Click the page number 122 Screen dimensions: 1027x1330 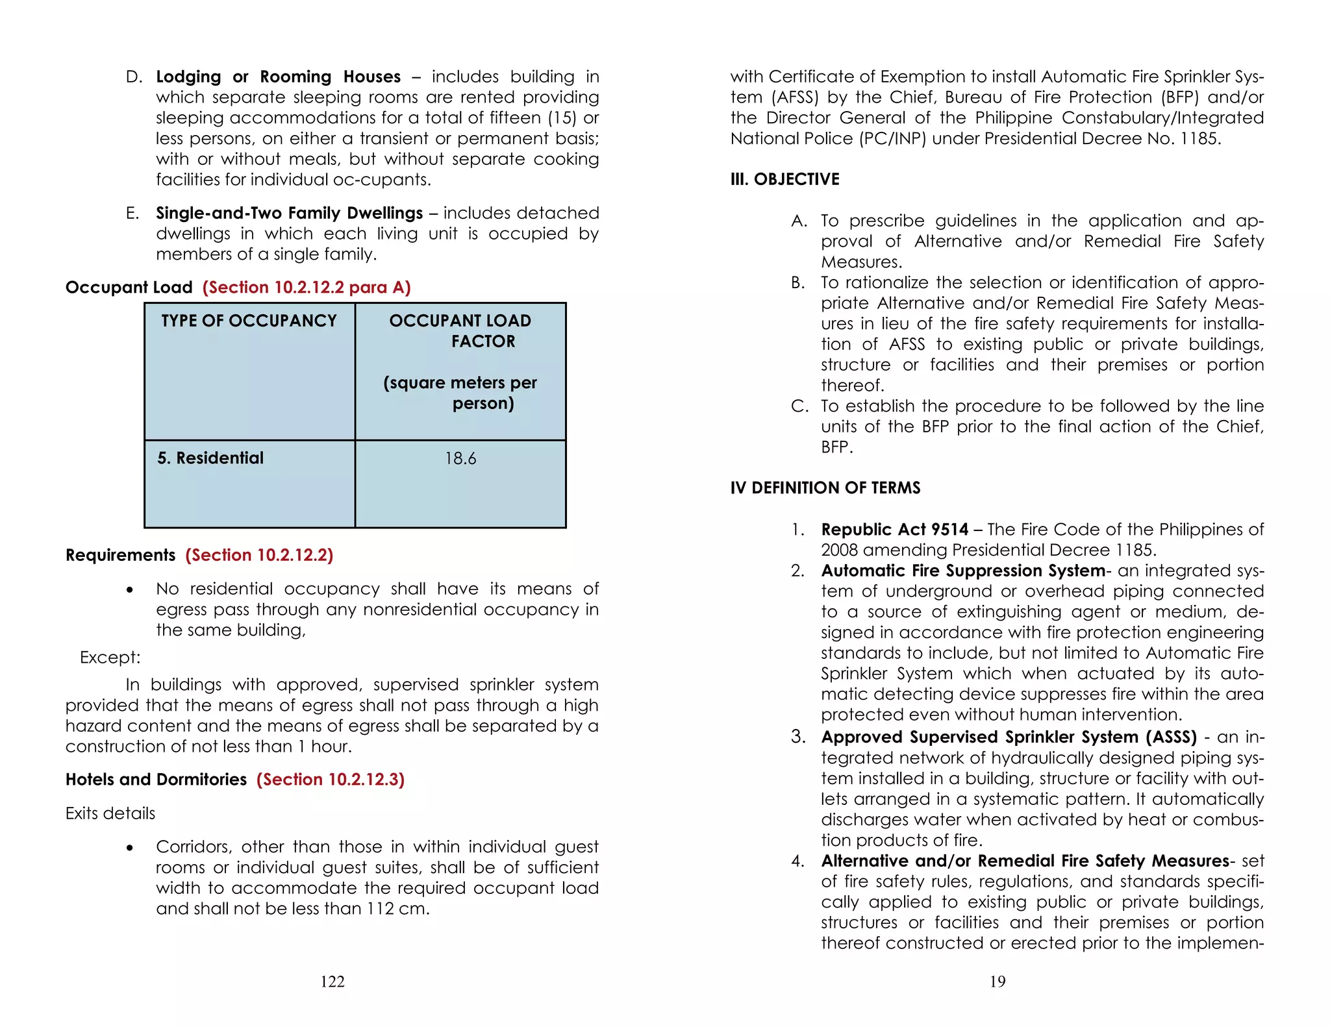click(332, 982)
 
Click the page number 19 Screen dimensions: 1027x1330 click(997, 982)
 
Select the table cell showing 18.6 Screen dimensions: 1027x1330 click(460, 459)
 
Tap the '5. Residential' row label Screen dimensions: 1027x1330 click(210, 458)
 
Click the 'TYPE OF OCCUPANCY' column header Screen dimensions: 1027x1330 click(249, 321)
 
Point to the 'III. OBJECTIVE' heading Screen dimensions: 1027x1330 click(784, 179)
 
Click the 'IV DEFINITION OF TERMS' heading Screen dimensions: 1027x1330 click(825, 488)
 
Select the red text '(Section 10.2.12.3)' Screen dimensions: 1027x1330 click(330, 780)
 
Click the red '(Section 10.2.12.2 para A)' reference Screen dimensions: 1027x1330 click(306, 288)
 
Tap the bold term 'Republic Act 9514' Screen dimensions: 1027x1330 click(894, 530)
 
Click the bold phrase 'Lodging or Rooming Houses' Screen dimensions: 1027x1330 click(278, 77)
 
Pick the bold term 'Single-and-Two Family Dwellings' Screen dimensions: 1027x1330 click(289, 214)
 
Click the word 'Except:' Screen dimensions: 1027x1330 click(110, 658)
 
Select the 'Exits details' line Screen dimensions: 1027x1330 click(110, 813)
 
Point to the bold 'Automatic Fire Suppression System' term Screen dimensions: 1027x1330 click(962, 571)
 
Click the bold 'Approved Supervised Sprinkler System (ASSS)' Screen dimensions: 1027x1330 click(1009, 737)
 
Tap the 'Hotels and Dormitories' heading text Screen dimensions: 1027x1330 click(156, 780)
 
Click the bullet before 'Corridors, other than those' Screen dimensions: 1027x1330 click(130, 848)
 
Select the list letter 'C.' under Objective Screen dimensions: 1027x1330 click(799, 406)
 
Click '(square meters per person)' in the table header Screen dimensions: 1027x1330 click(460, 393)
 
